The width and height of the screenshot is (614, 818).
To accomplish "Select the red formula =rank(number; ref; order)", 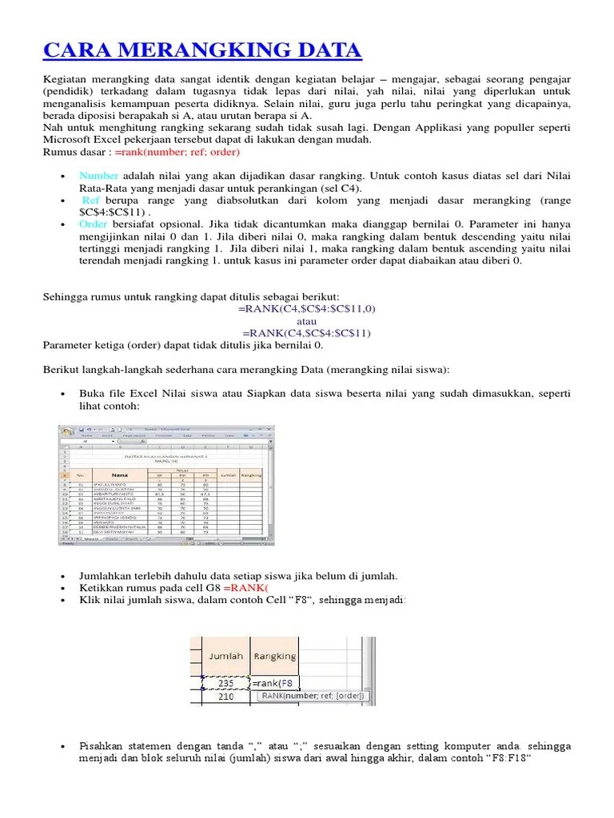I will coord(177,152).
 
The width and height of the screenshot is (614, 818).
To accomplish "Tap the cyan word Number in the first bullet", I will coord(98,176).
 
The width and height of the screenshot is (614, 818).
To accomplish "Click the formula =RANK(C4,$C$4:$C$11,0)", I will coord(307,308).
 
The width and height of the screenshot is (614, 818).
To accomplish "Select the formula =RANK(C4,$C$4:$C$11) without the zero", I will coord(307,333).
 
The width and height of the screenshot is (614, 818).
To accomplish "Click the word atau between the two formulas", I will coord(307,321).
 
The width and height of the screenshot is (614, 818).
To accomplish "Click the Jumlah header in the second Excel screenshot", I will coord(225,656).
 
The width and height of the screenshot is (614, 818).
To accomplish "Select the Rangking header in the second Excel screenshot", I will coord(274,656).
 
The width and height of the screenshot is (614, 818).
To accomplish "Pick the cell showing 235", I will coord(225,682).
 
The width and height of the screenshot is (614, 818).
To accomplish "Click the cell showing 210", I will coord(225,697).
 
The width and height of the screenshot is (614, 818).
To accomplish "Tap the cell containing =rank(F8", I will coord(275,682).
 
